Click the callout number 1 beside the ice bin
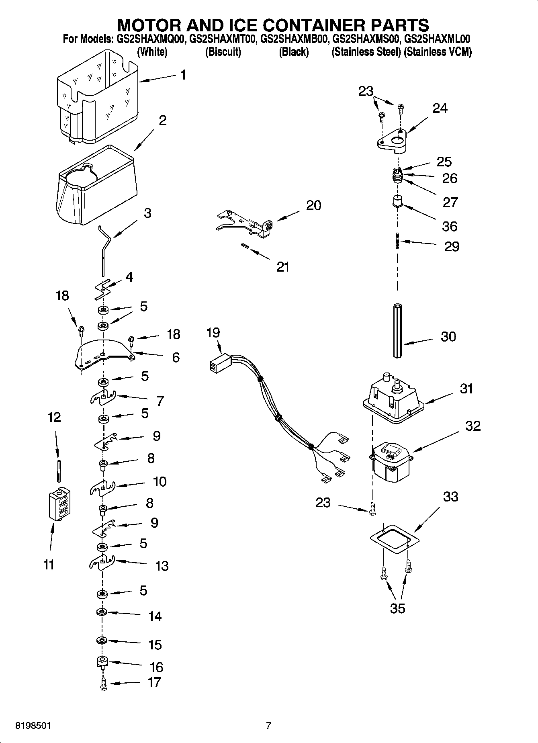pos(183,75)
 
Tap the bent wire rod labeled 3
pos(104,249)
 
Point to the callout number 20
pos(313,205)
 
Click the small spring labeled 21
pos(244,246)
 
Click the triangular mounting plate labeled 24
pos(392,142)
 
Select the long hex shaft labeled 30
pos(397,330)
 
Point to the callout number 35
pos(397,608)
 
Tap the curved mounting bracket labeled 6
pos(104,354)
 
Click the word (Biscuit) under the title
pos(223,52)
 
